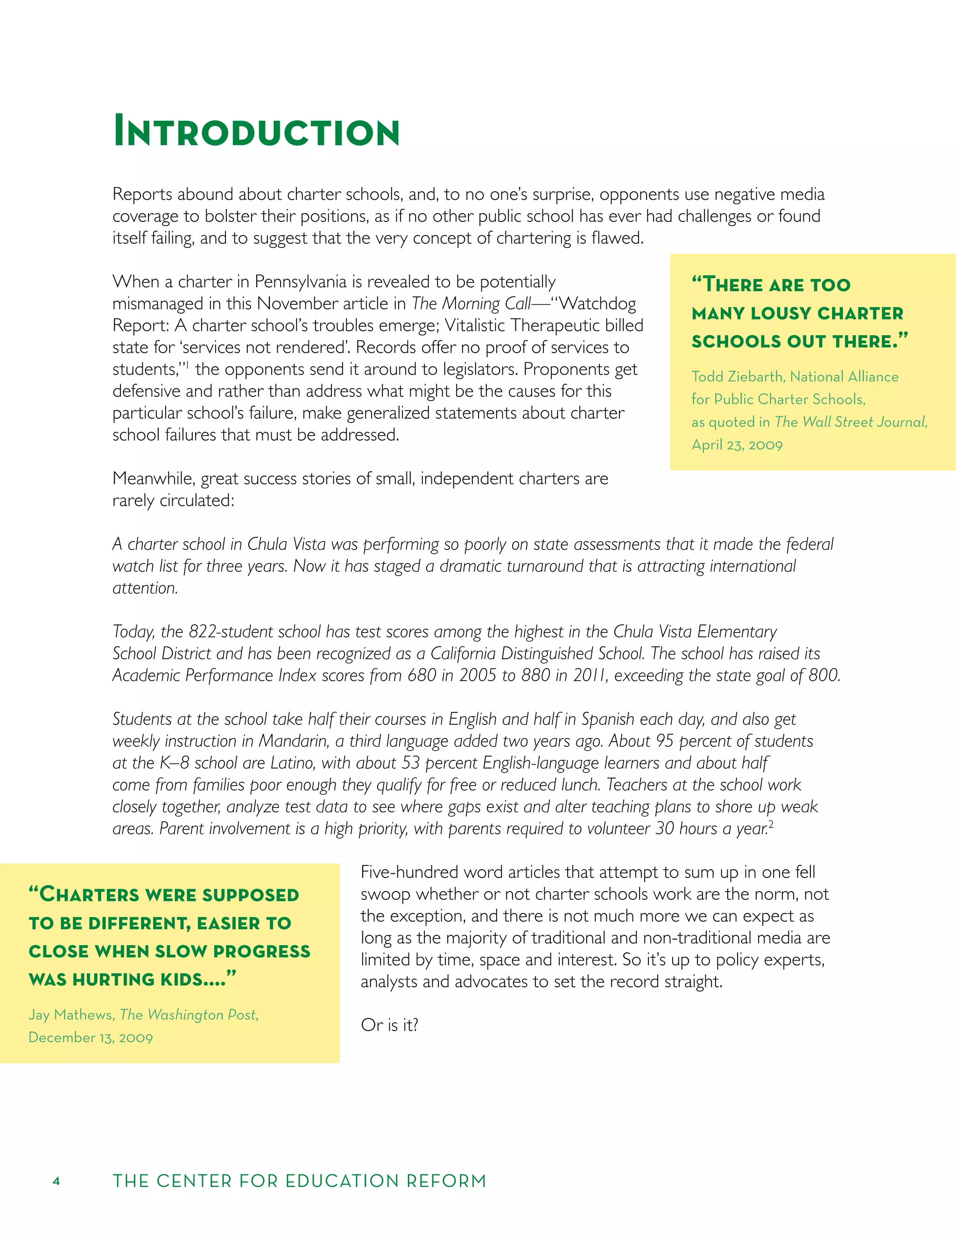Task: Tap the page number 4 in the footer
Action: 56,1181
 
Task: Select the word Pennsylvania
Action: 300,281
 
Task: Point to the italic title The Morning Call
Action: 471,303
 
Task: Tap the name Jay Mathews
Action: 71,1014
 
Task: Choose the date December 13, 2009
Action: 91,1037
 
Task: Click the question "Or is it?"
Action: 389,1025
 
